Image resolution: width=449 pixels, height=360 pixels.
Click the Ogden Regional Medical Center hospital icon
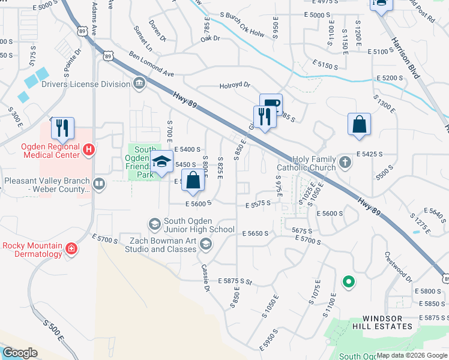click(89, 149)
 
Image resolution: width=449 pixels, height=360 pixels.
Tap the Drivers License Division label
click(86, 84)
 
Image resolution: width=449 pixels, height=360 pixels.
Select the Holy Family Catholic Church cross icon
click(345, 162)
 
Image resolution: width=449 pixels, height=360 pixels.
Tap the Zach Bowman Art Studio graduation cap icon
click(206, 243)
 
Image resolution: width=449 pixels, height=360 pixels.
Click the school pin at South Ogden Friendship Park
click(161, 162)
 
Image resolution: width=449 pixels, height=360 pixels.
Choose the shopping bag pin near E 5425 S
click(359, 125)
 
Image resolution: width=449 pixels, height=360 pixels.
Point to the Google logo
click(20, 353)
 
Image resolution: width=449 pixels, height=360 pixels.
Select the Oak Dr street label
click(211, 38)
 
